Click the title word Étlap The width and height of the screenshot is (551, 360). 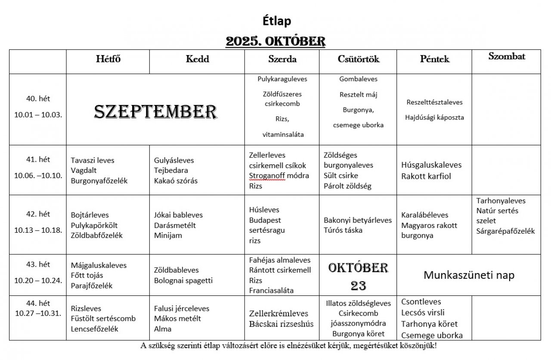pos(277,21)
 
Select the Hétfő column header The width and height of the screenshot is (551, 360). pos(108,59)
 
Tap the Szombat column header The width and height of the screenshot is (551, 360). pos(507,56)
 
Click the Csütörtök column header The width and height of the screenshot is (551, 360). pos(359,59)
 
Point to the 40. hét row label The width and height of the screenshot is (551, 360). pos(38,99)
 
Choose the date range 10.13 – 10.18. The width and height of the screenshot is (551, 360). pos(38,230)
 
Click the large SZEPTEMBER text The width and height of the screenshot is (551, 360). pos(155,112)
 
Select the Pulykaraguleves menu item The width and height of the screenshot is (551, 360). pos(282,79)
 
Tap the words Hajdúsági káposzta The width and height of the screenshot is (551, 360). pos(435,117)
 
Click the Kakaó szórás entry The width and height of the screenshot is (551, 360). pos(176,181)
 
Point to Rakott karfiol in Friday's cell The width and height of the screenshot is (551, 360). pos(426,176)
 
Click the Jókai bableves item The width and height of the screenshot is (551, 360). pos(178,215)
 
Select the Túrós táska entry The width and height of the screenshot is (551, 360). pos(343,230)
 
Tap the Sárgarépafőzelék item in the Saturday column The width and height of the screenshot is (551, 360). pos(505,231)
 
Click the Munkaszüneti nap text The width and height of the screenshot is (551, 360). pos(469,275)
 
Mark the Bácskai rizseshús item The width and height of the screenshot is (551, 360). pos(281,324)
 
